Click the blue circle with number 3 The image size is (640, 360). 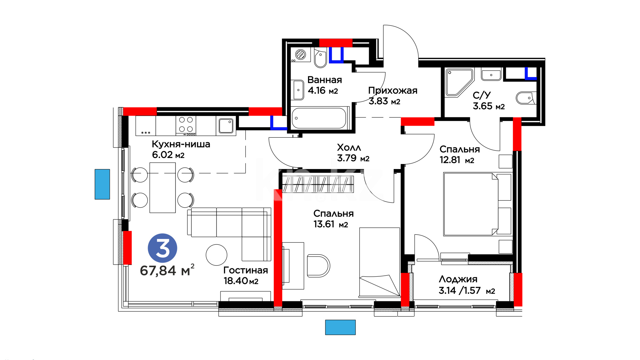coord(162,248)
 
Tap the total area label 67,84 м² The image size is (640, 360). coord(167,270)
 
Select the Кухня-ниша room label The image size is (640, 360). coord(181,144)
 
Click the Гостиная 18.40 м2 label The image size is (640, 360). coord(246,275)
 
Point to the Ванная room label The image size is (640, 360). coord(325,80)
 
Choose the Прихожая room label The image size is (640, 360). coord(393,90)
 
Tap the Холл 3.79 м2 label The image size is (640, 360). coord(353,153)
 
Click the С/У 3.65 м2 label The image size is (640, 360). coord(489,101)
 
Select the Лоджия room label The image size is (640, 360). coord(458,279)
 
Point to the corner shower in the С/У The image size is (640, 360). coord(459,83)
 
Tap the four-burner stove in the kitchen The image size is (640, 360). coord(186,126)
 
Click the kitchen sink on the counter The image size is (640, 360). coord(226,126)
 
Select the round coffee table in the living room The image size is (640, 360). coord(217,255)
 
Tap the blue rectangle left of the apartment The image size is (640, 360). coord(102,184)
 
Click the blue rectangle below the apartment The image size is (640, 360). coord(340,327)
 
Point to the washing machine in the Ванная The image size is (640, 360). coord(300,54)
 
